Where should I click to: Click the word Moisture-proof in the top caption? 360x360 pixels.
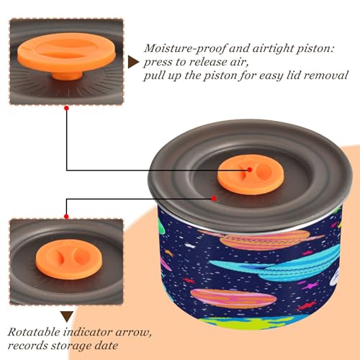coord(185,49)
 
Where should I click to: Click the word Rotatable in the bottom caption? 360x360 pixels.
coord(34,332)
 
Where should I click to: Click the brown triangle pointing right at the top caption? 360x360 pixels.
coord(133,63)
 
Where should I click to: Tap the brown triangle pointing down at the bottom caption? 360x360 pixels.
coord(67,317)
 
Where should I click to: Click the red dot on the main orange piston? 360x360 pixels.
coord(250,170)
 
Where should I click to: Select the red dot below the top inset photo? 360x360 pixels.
coord(67,108)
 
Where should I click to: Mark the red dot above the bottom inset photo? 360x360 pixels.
coord(66,217)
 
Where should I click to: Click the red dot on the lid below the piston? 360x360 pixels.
coord(214,199)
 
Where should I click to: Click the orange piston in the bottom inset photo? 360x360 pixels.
coord(69,259)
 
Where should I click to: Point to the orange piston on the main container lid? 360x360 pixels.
coord(251,174)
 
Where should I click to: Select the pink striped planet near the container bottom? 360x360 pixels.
coord(233,298)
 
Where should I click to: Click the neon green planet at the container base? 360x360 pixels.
coord(250,323)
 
